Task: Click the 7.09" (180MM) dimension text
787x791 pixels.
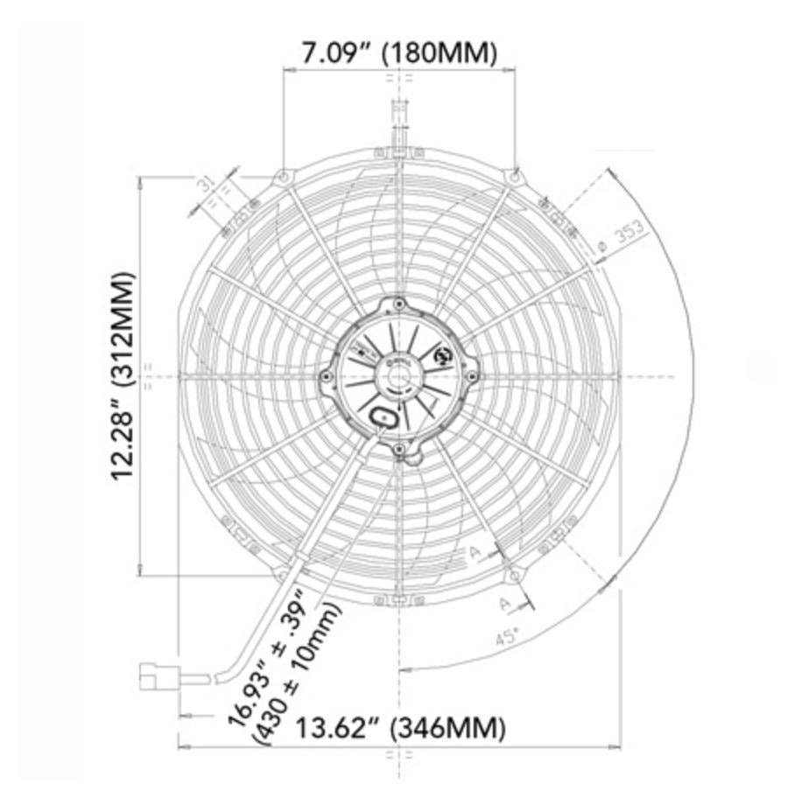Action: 398,52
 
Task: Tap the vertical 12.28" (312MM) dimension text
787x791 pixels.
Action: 123,376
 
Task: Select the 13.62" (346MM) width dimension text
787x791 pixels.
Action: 399,727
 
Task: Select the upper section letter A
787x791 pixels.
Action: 474,552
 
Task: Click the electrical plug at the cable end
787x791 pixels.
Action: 158,676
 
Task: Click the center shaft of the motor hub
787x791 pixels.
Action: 399,375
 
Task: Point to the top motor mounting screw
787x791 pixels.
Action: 399,304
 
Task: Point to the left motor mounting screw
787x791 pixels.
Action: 327,376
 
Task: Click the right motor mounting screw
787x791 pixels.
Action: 473,376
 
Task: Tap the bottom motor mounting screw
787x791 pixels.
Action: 400,450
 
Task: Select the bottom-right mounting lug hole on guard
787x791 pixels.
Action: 516,574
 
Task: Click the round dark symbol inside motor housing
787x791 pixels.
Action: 442,354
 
